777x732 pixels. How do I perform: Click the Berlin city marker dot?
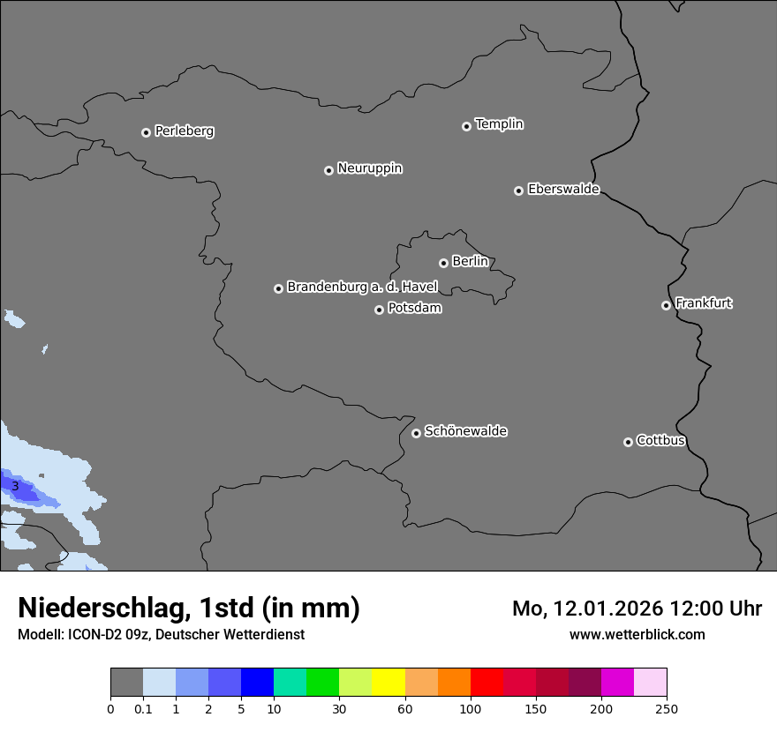pyautogui.click(x=443, y=263)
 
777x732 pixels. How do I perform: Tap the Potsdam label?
pyautogui.click(x=414, y=309)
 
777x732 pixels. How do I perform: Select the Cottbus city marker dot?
pyautogui.click(x=628, y=442)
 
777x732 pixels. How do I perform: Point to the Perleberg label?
pyautogui.click(x=184, y=131)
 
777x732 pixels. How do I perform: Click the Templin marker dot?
pyautogui.click(x=466, y=126)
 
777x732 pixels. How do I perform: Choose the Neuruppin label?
pyautogui.click(x=369, y=168)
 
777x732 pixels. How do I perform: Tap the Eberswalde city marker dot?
pyautogui.click(x=518, y=190)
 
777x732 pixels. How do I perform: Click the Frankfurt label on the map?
pyautogui.click(x=703, y=303)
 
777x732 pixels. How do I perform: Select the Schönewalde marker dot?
pyautogui.click(x=416, y=433)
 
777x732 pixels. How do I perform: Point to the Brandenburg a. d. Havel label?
pyautogui.click(x=362, y=288)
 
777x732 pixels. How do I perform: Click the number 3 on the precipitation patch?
pyautogui.click(x=15, y=486)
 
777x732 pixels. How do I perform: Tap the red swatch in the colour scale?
pyautogui.click(x=487, y=683)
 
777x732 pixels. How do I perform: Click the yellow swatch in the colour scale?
pyautogui.click(x=388, y=683)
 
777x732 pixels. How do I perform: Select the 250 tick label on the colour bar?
pyautogui.click(x=667, y=708)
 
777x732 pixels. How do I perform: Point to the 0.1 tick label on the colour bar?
pyautogui.click(x=143, y=708)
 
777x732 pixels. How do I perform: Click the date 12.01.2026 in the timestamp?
pyautogui.click(x=607, y=609)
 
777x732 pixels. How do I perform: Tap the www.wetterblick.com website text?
pyautogui.click(x=637, y=634)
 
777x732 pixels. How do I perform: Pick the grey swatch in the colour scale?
pyautogui.click(x=126, y=683)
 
